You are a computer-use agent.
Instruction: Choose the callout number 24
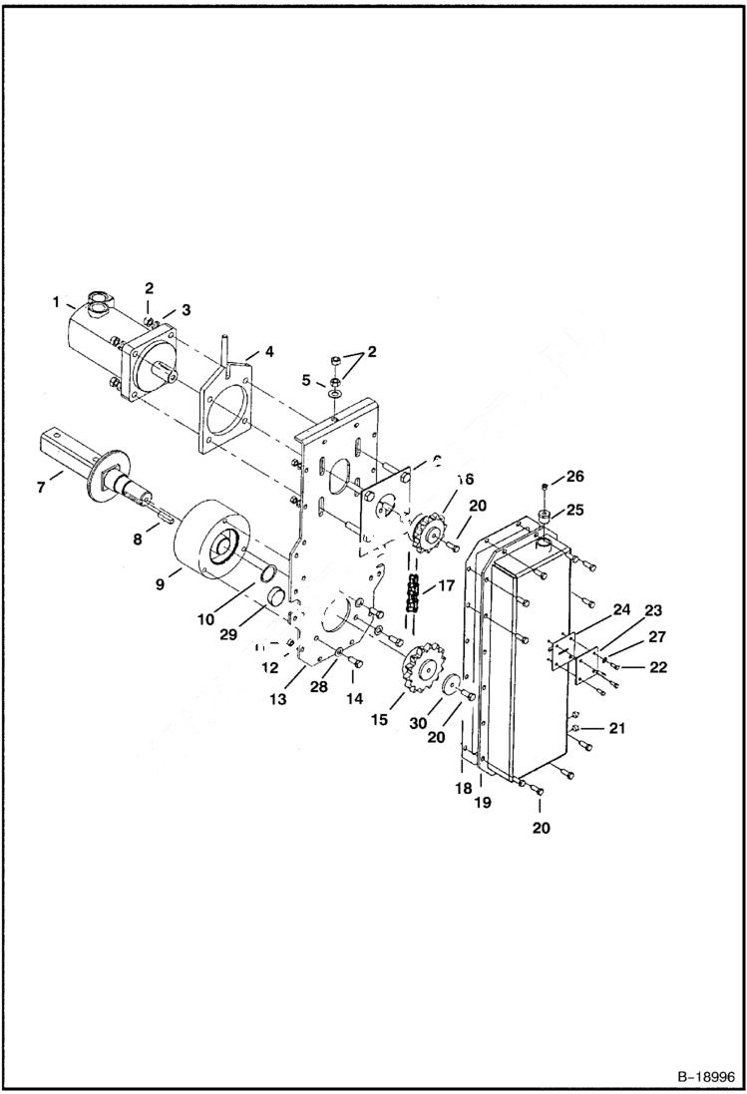pyautogui.click(x=622, y=609)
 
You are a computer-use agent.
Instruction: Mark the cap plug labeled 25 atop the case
pyautogui.click(x=546, y=517)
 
